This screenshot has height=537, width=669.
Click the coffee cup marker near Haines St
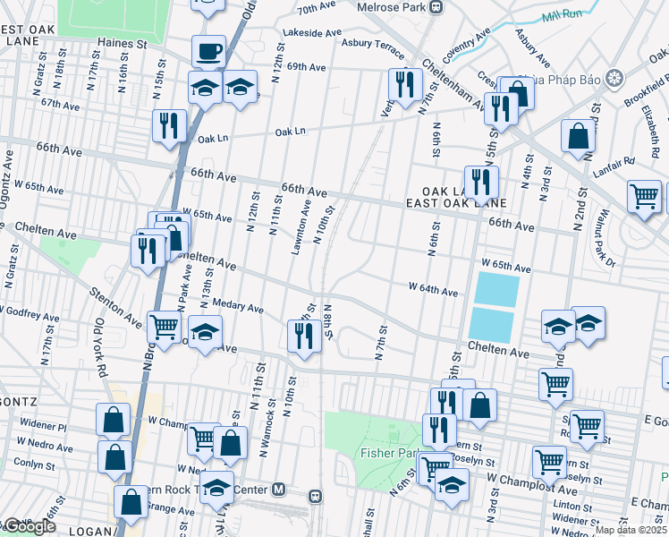point(208,52)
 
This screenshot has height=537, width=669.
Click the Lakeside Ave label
point(308,31)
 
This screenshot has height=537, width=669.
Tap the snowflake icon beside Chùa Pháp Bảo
point(614,78)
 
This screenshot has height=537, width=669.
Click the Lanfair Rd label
point(616,161)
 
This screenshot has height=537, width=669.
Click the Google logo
point(29,526)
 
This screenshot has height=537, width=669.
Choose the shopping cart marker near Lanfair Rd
point(644,195)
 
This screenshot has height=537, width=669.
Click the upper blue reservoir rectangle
point(496,289)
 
